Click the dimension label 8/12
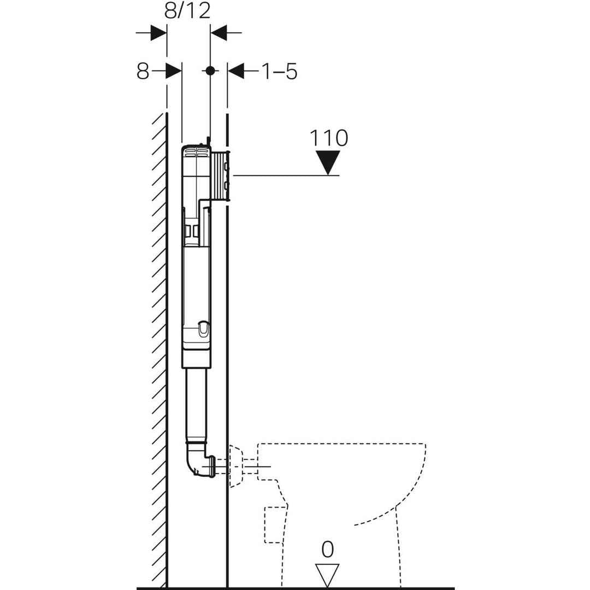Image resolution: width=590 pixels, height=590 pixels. pos(188,10)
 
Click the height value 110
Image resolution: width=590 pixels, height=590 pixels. pos(328,138)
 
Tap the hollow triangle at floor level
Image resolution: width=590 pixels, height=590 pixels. pos(328,574)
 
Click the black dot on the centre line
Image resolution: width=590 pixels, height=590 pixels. pos(210,70)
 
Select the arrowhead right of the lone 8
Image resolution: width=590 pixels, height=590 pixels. pos(174,70)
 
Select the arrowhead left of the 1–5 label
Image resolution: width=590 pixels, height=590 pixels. pos(235,70)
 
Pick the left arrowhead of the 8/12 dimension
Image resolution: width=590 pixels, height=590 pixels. pos(158,33)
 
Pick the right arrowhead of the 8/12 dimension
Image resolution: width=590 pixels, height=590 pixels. pos(219,33)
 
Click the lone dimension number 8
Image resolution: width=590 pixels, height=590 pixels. pos(143,71)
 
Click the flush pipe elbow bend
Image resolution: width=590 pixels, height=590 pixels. pos(196,460)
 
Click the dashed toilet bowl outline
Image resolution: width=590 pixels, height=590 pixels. pos(350,481)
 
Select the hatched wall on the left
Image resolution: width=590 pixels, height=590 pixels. pos(158,350)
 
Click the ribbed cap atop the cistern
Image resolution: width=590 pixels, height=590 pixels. pos(196,152)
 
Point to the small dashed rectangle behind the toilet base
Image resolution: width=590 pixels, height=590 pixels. pos(274,524)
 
